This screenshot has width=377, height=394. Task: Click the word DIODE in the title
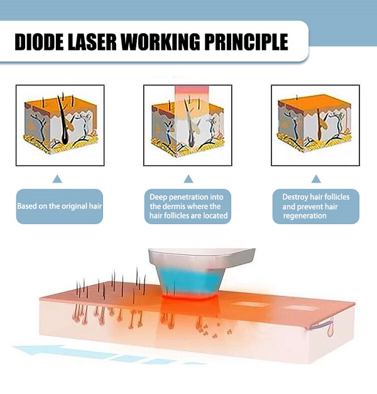pos(40,42)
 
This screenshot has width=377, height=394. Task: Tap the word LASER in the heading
pos(92,42)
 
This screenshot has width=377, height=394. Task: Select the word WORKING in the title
pos(160,42)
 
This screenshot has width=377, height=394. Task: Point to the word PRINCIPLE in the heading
pos(246,42)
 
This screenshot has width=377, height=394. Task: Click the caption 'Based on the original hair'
pos(60,206)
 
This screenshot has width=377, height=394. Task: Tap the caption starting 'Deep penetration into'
pos(188,206)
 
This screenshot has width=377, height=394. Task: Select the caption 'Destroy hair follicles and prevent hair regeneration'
pos(316,206)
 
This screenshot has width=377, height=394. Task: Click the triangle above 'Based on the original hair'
pos(57,179)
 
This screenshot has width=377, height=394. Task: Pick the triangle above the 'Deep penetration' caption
pos(188,179)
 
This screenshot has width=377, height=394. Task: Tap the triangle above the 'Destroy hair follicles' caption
pos(316,179)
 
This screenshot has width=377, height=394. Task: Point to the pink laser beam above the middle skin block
pos(192,94)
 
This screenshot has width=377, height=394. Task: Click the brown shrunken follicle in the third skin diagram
pos(319,125)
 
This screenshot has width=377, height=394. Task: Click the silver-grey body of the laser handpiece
pos(202,259)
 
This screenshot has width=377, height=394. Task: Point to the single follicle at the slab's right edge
pos(330,329)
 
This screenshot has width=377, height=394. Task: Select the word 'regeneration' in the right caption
pos(305,216)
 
